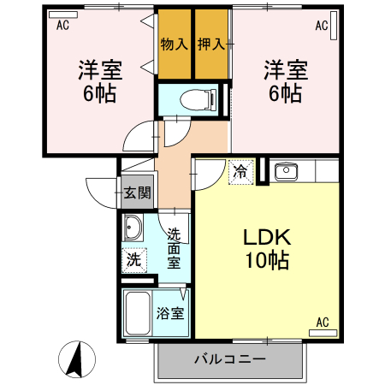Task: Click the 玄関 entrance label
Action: pos(136,192)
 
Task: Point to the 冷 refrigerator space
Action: pos(241,171)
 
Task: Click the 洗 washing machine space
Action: pos(133,259)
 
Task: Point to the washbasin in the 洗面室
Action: pos(133,229)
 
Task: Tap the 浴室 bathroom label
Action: pos(169,313)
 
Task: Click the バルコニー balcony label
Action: pos(229,359)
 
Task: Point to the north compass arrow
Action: pos(75,357)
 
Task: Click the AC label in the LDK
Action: pos(323,322)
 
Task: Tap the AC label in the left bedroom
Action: pos(62,26)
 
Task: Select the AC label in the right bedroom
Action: pos(322,27)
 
